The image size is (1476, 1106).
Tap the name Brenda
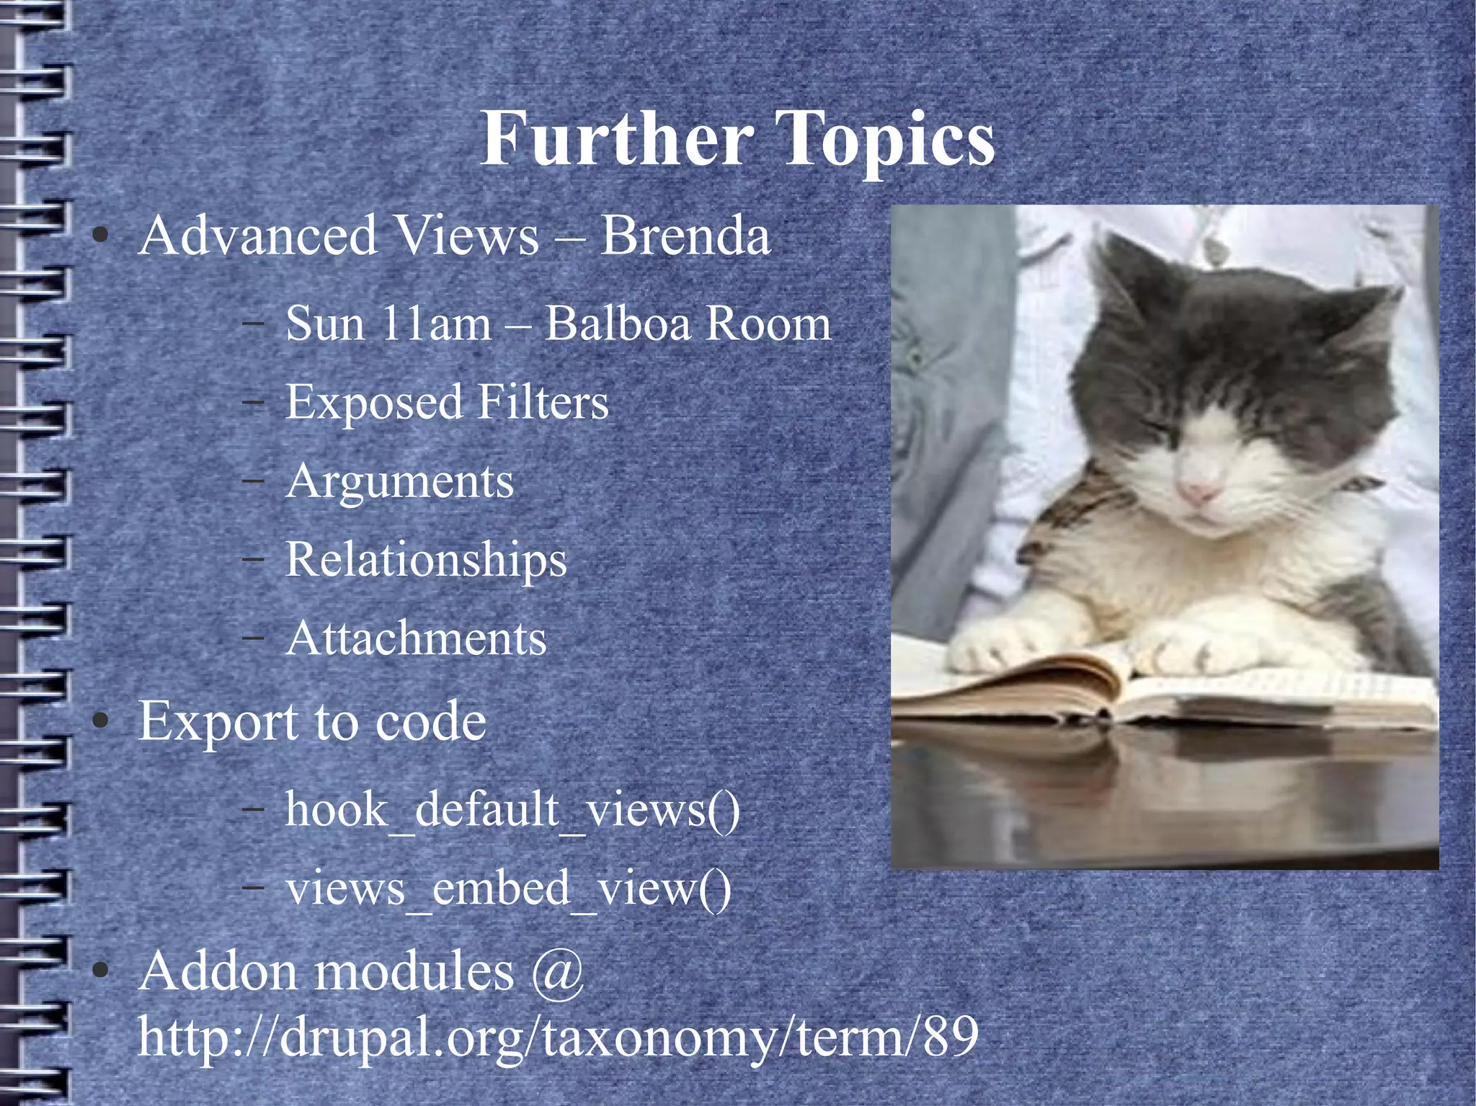coord(685,236)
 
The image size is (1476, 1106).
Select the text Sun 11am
coord(388,324)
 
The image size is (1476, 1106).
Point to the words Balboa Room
coord(688,324)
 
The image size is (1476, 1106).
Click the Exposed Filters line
coord(447,402)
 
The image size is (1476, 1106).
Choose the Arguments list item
coord(400,481)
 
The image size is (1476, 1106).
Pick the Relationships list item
coord(427,560)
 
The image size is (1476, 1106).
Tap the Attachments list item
coord(417,638)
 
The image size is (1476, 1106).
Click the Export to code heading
coord(312,721)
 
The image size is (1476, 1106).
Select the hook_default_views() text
coord(512,809)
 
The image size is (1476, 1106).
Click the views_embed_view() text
coord(508,888)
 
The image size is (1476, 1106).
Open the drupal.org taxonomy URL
coord(558,1038)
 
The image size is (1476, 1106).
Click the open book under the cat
coord(1153,692)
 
